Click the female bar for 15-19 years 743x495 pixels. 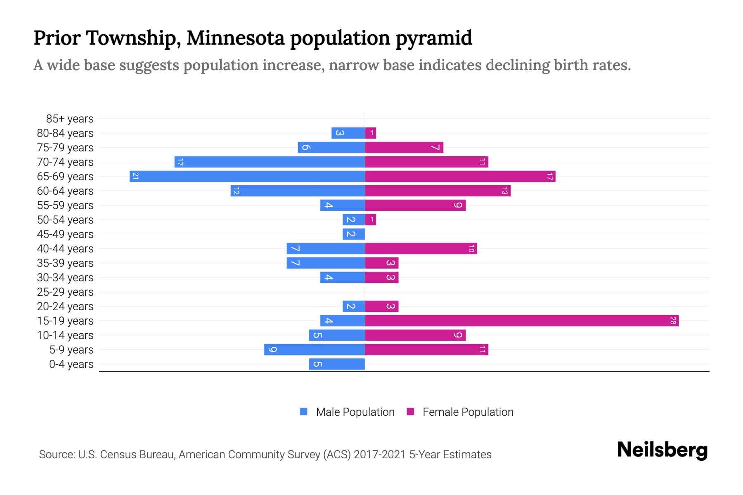pos(522,321)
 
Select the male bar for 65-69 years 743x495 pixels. pos(247,177)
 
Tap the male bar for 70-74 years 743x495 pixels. pos(270,162)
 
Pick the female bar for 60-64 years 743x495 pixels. pos(438,191)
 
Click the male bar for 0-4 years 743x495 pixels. pos(337,364)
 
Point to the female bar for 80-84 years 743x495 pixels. pos(370,133)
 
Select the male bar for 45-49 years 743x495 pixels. pos(354,234)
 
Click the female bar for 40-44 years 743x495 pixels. pos(421,249)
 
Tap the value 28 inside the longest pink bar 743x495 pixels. pos(673,321)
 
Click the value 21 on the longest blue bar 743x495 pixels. pos(135,177)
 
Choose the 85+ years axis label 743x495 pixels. pos(70,119)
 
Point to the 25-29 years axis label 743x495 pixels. pos(65,292)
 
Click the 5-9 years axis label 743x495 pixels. pos(71,350)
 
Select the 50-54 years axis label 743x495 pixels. pos(65,220)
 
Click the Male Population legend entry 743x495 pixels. pos(355,412)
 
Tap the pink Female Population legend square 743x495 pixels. pos(410,412)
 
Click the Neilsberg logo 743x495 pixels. pos(662,450)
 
